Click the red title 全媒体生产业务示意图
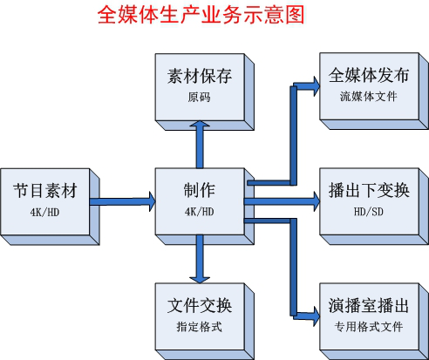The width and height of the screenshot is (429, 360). [201, 16]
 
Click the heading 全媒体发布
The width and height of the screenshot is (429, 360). [368, 76]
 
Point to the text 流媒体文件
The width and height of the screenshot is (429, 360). [368, 96]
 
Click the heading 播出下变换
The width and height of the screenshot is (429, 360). [368, 190]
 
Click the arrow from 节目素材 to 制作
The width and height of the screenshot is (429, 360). [122, 201]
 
